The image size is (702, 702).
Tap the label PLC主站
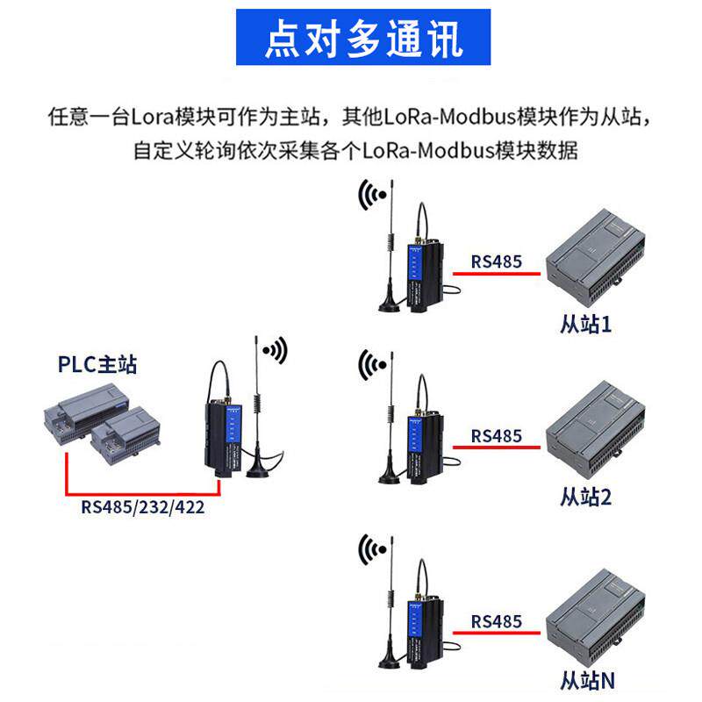point(97,363)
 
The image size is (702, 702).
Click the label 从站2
point(585,497)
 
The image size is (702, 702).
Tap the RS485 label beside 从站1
point(496,261)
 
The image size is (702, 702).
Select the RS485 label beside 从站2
point(496,435)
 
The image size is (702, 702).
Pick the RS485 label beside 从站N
point(496,621)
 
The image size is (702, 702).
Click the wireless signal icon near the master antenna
point(276,351)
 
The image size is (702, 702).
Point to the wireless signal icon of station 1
point(370,196)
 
